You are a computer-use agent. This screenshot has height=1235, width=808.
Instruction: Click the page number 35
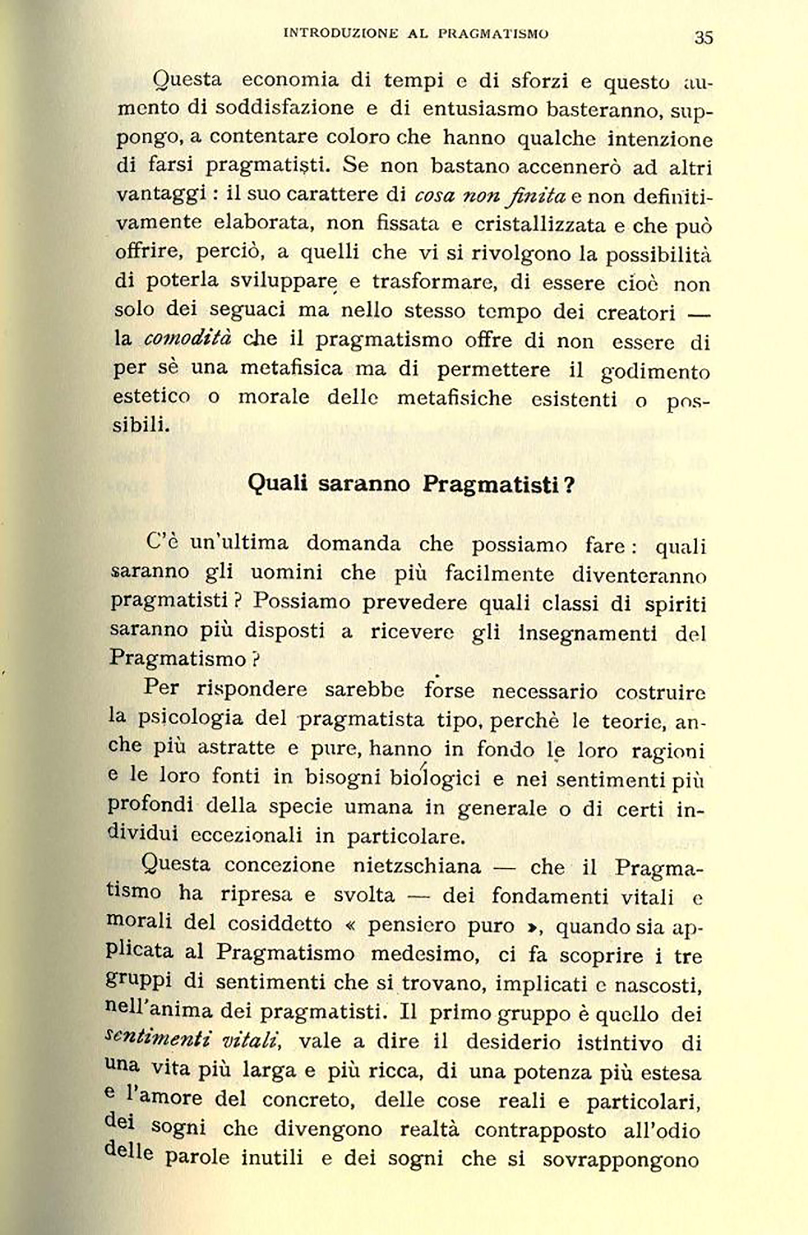(x=703, y=37)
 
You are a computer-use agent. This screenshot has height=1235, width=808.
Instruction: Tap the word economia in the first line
(x=290, y=80)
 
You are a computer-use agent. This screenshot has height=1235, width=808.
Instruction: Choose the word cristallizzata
(x=533, y=224)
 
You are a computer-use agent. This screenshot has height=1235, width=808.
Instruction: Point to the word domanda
(x=353, y=543)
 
